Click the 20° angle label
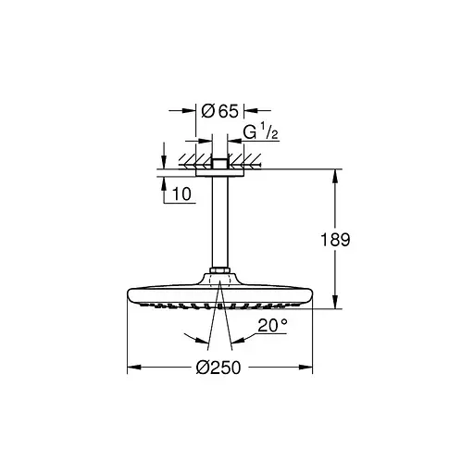(x=274, y=326)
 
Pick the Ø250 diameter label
(x=218, y=368)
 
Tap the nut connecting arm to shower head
(x=220, y=272)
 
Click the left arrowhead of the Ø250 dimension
(x=131, y=366)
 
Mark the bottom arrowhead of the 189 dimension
(x=334, y=303)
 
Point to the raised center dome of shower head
(x=220, y=281)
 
